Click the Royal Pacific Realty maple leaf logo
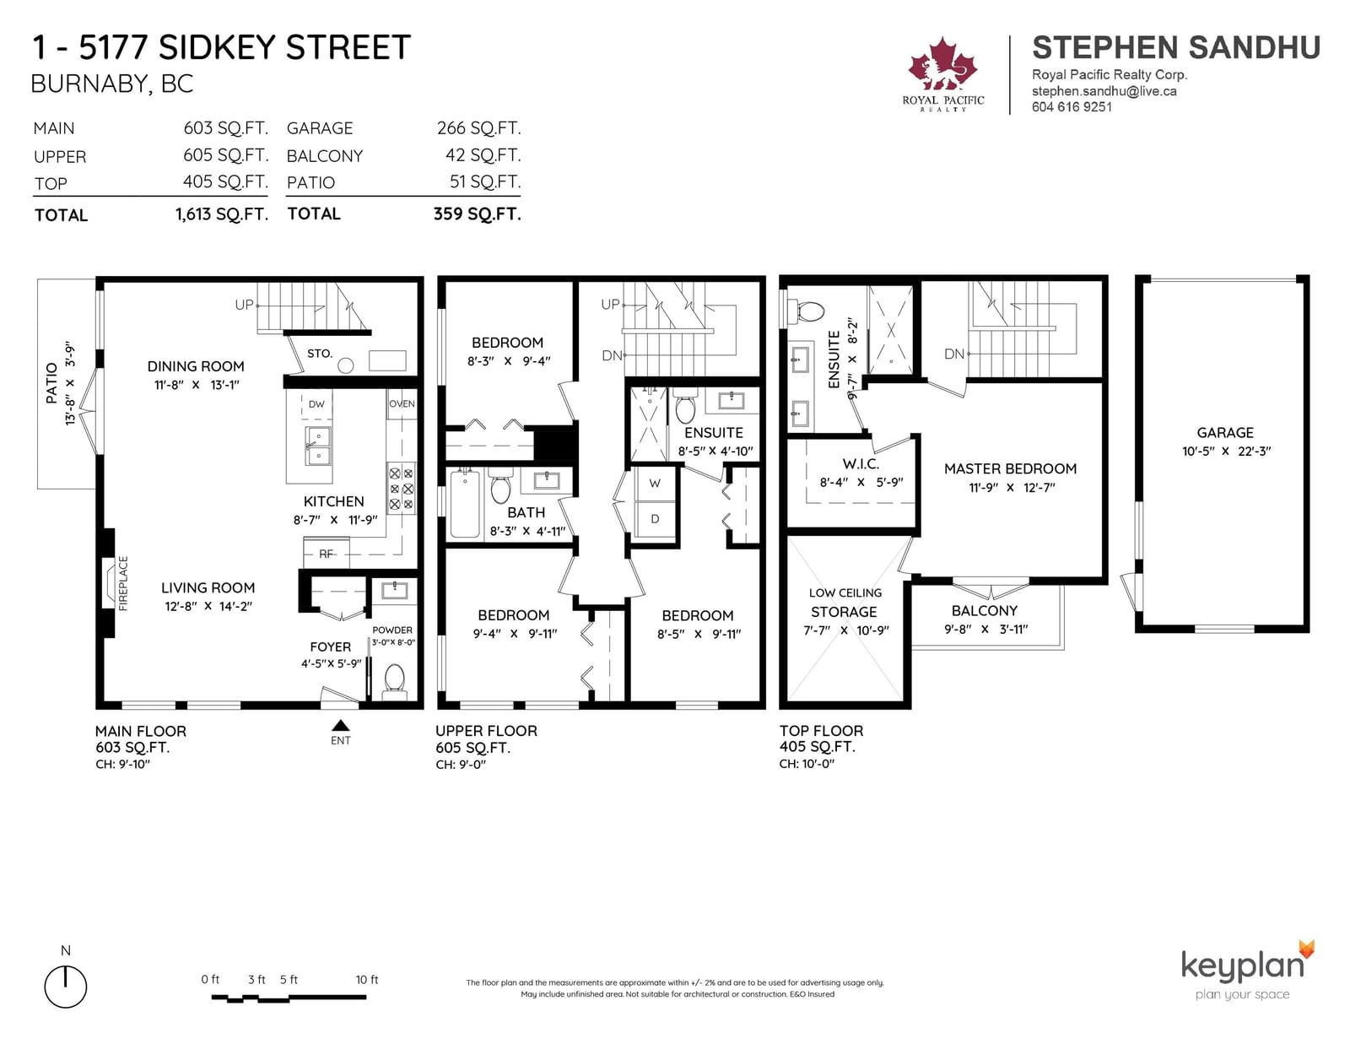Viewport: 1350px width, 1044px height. coord(942,64)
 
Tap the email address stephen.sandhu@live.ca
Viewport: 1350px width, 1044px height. coord(1104,91)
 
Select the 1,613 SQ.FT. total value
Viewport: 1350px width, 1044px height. coord(222,214)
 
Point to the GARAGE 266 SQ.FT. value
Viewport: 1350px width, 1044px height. coord(478,128)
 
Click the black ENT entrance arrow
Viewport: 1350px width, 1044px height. coord(340,725)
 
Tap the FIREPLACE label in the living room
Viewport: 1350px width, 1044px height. coord(123,583)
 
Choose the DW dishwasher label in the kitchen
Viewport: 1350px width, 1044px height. coord(316,404)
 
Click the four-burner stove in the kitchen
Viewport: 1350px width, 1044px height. coord(402,489)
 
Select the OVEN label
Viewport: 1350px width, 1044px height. coord(402,403)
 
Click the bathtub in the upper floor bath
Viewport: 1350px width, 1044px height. coord(465,504)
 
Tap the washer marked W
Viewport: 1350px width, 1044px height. coord(655,484)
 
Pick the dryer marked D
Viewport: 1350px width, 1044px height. coord(655,519)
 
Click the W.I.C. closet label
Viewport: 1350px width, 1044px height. coord(861,463)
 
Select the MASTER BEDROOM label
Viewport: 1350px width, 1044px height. coord(1010,468)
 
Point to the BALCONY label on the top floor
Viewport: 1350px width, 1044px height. coord(985,611)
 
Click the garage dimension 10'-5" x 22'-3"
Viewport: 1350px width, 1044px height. coord(1226,452)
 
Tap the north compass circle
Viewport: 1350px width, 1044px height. coord(65,987)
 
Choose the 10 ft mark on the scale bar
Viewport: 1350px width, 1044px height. coord(366,980)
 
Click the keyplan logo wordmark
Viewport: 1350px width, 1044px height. coord(1243,965)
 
